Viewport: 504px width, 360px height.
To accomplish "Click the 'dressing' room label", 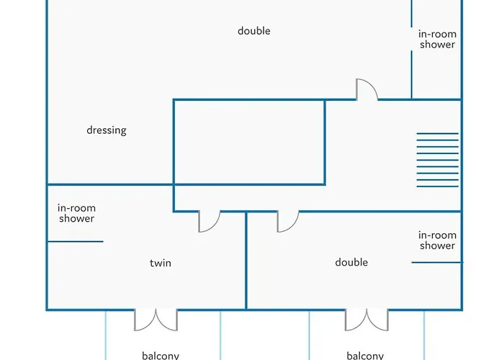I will point(107,130).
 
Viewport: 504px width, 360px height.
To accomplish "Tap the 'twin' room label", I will point(161,263).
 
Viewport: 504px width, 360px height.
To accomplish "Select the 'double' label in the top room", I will point(254,31).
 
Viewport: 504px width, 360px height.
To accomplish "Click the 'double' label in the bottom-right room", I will point(351,262).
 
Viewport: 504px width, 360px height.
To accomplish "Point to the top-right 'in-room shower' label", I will point(437,39).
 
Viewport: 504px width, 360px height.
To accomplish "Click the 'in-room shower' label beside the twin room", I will point(76,213).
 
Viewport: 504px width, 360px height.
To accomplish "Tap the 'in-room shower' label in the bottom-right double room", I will point(437,240).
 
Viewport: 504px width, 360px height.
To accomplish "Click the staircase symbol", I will point(437,160).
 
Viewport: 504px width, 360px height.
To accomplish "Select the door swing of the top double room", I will point(367,89).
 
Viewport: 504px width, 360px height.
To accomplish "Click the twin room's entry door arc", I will point(210,222).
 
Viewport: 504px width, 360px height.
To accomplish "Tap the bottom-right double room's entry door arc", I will point(287,222).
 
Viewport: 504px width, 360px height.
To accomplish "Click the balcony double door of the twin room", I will point(156,319).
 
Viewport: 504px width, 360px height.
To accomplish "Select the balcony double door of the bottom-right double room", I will point(366,319).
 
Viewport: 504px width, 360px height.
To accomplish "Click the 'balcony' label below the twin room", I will point(161,355).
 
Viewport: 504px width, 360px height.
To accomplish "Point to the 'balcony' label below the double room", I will point(365,355).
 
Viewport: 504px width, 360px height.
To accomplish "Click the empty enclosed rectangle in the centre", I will point(249,142).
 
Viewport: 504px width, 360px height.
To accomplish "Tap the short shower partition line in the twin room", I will point(76,241).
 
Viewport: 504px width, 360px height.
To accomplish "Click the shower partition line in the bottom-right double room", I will point(436,262).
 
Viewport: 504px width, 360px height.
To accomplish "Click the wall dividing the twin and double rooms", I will point(246,261).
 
